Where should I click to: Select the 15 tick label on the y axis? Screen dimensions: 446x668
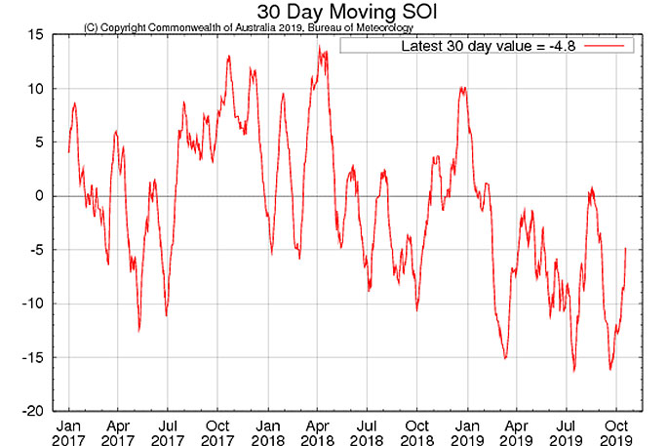(33, 35)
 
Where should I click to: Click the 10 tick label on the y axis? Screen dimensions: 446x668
(33, 89)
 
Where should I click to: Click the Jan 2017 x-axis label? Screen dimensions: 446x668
(68, 432)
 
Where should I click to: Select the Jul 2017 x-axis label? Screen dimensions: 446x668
(168, 432)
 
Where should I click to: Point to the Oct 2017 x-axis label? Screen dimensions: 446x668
(217, 432)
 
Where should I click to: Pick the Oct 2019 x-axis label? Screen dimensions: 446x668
(615, 432)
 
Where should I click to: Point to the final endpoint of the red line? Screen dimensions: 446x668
(625, 247)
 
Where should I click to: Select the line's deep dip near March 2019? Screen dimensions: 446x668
(505, 358)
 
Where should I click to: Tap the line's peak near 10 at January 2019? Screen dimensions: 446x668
(462, 88)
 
